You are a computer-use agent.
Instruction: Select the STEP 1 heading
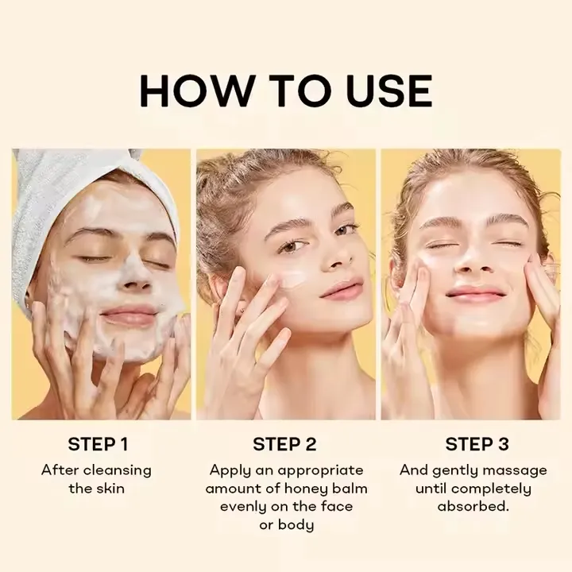coord(98,443)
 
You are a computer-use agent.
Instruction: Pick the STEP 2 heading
coord(285,443)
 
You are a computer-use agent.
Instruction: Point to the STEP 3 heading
coord(477,443)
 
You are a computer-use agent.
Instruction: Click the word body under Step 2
coord(296,524)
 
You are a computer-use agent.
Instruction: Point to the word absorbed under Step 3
coord(473,506)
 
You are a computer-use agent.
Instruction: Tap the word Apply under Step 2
coord(230,470)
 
